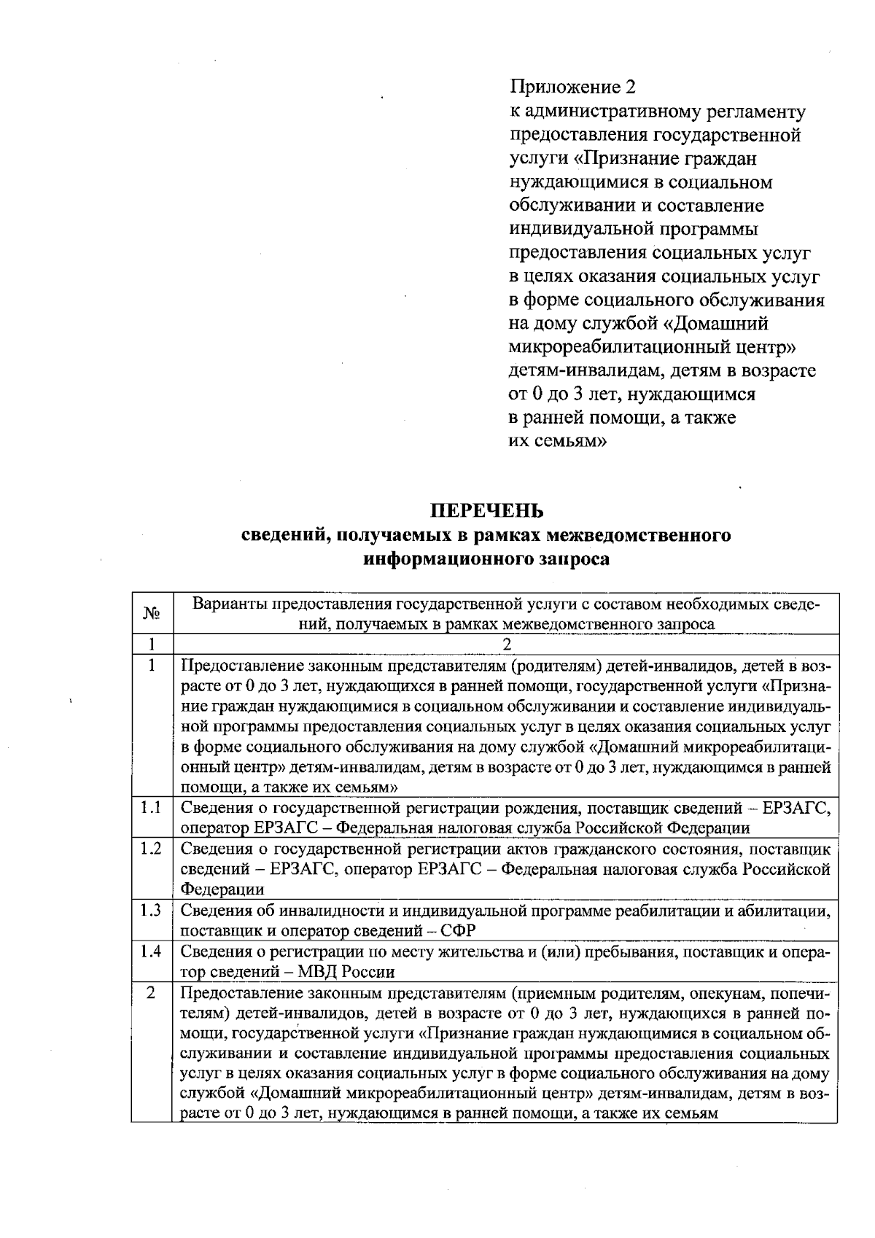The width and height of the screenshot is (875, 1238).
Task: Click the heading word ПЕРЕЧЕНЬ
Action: click(x=485, y=508)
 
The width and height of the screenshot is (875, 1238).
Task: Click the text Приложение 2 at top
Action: click(x=572, y=87)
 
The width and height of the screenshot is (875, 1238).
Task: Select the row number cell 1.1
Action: click(x=152, y=807)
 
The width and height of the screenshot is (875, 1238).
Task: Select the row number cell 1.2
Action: click(x=152, y=849)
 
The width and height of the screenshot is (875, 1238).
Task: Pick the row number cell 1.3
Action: click(x=152, y=911)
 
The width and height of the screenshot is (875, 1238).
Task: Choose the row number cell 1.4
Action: click(x=152, y=951)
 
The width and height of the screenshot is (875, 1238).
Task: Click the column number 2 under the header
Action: click(x=507, y=645)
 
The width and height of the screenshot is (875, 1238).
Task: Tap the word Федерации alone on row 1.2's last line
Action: click(x=222, y=889)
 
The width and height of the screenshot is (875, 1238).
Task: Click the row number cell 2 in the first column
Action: click(x=152, y=993)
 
